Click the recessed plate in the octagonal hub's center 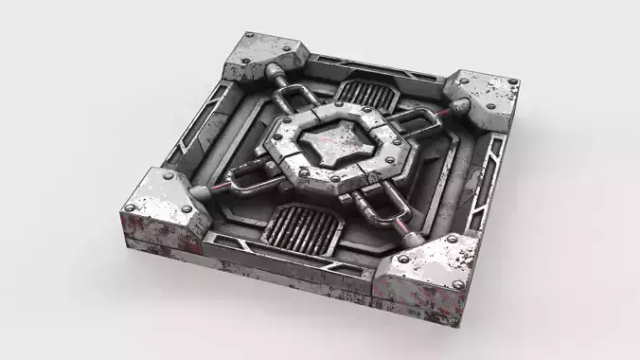point(336,143)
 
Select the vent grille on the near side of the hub point(300,226)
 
